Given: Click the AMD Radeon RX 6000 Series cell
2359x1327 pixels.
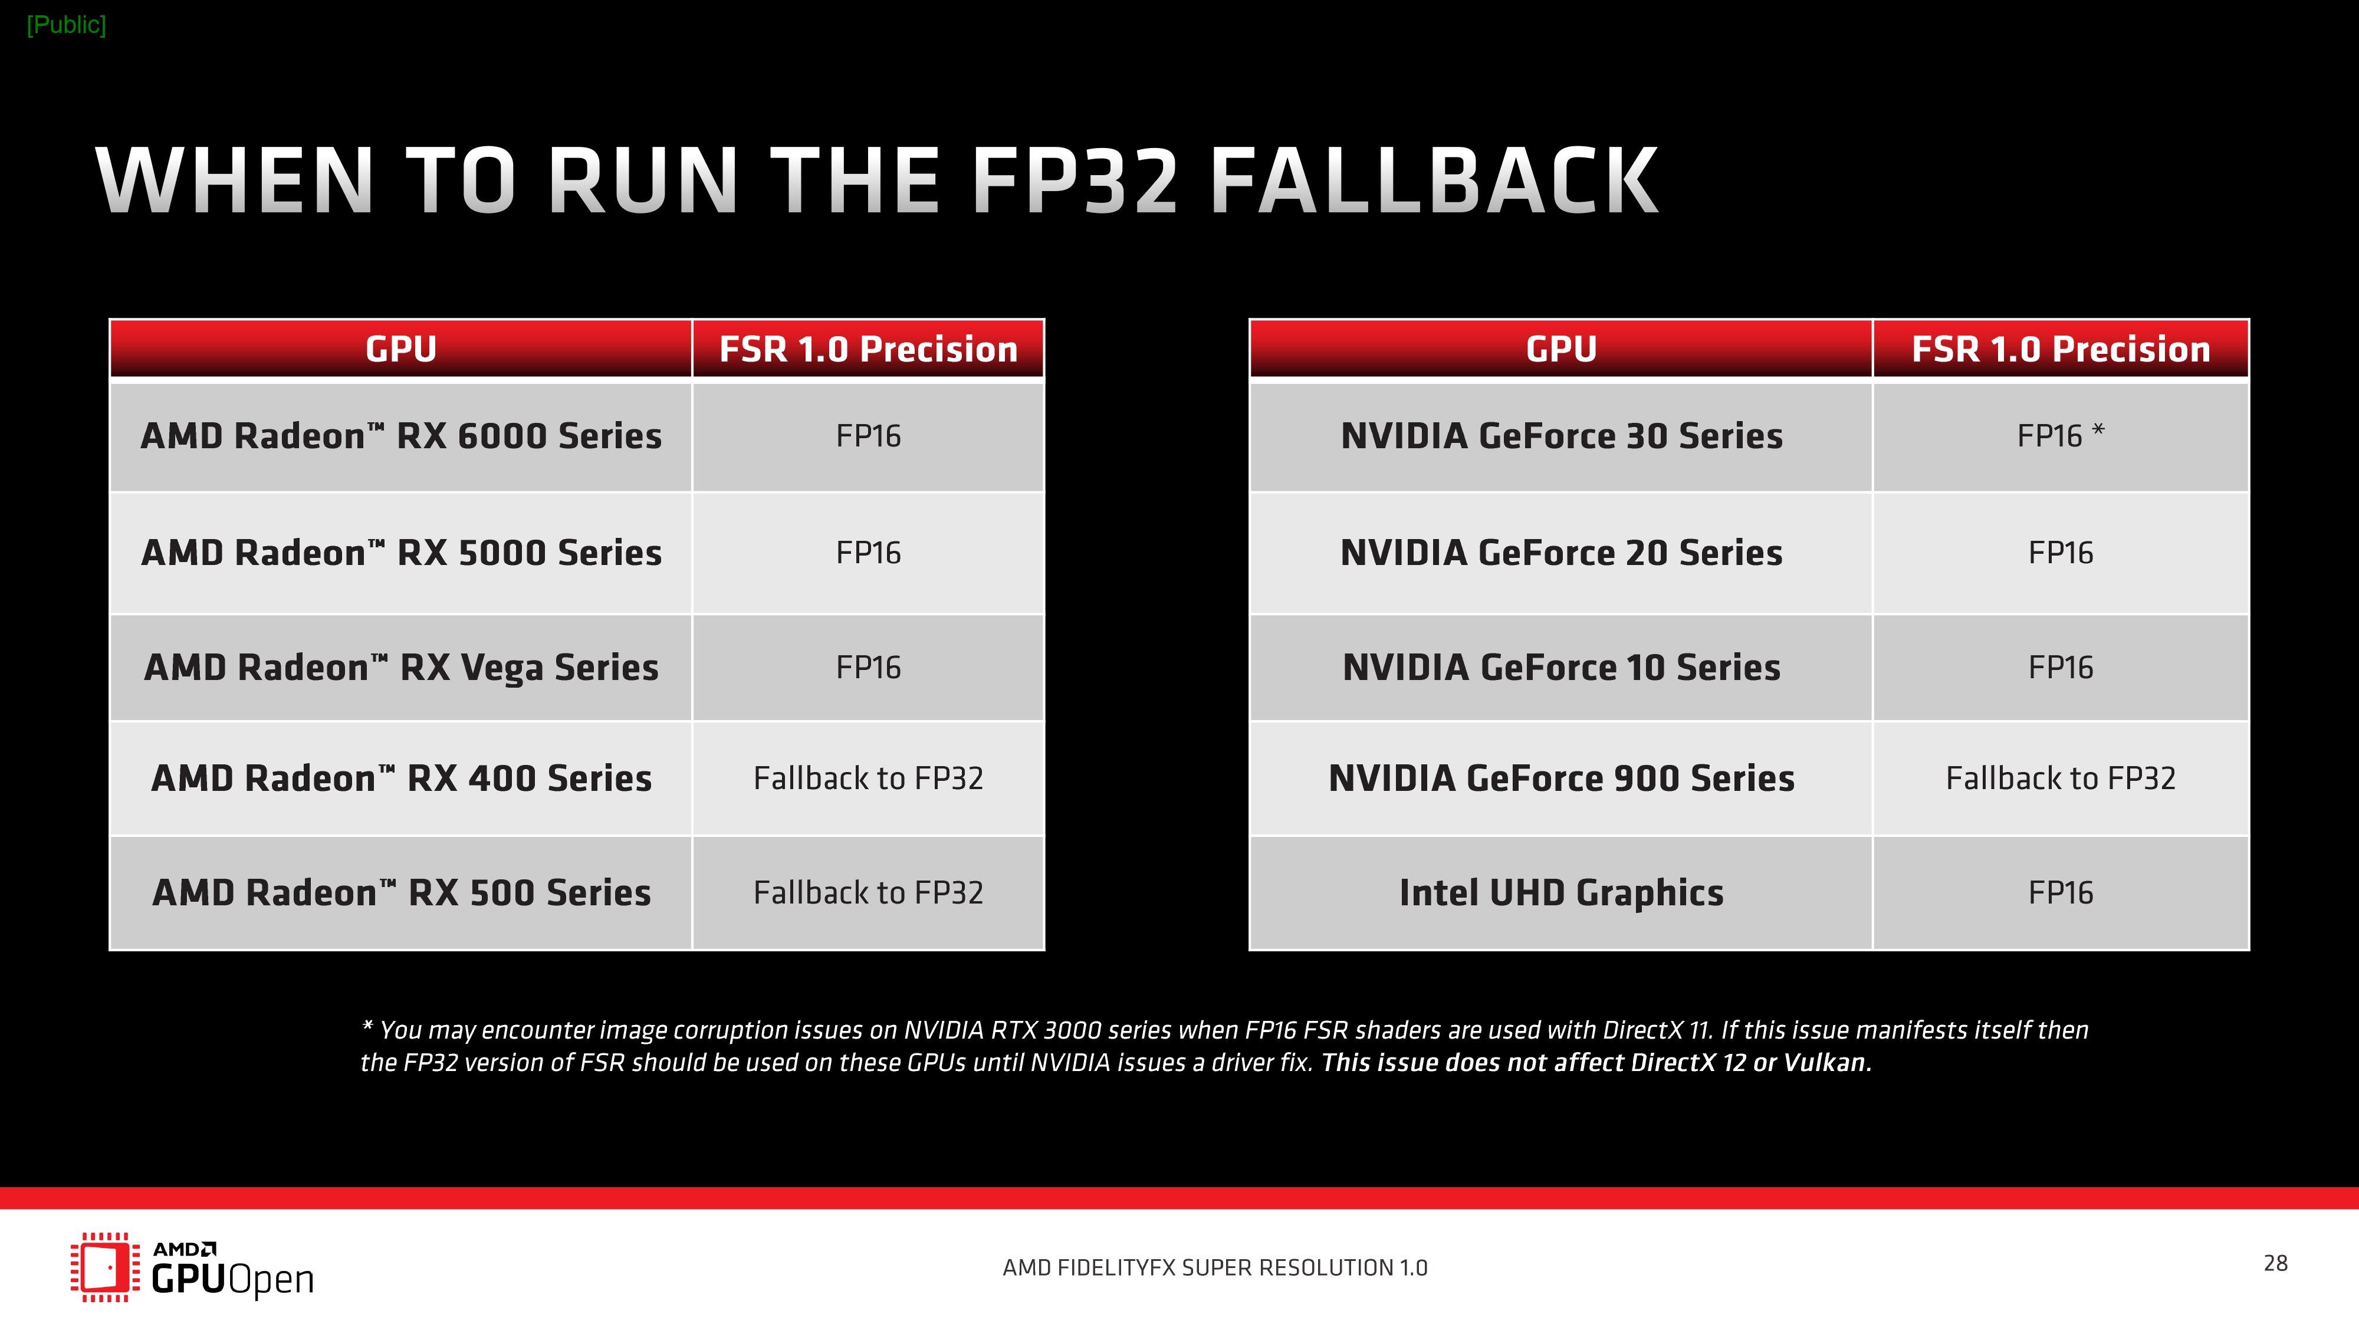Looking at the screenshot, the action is pyautogui.click(x=401, y=436).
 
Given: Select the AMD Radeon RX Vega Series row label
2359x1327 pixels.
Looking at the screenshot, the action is pyautogui.click(x=401, y=668).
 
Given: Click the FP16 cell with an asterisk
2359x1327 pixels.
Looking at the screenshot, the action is pyautogui.click(x=2061, y=436).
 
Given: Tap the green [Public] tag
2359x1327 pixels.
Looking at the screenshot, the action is pyautogui.click(x=66, y=25).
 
